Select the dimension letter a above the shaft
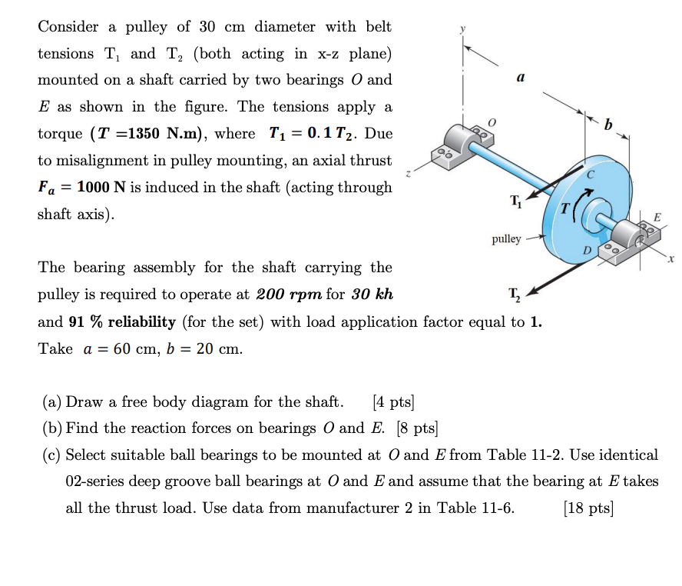pyautogui.click(x=521, y=78)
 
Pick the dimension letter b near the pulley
pyautogui.click(x=610, y=125)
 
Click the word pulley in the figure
pyautogui.click(x=507, y=239)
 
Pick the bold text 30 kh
pyautogui.click(x=372, y=295)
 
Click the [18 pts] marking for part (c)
pyautogui.click(x=588, y=508)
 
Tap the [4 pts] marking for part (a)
pyautogui.click(x=392, y=401)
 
